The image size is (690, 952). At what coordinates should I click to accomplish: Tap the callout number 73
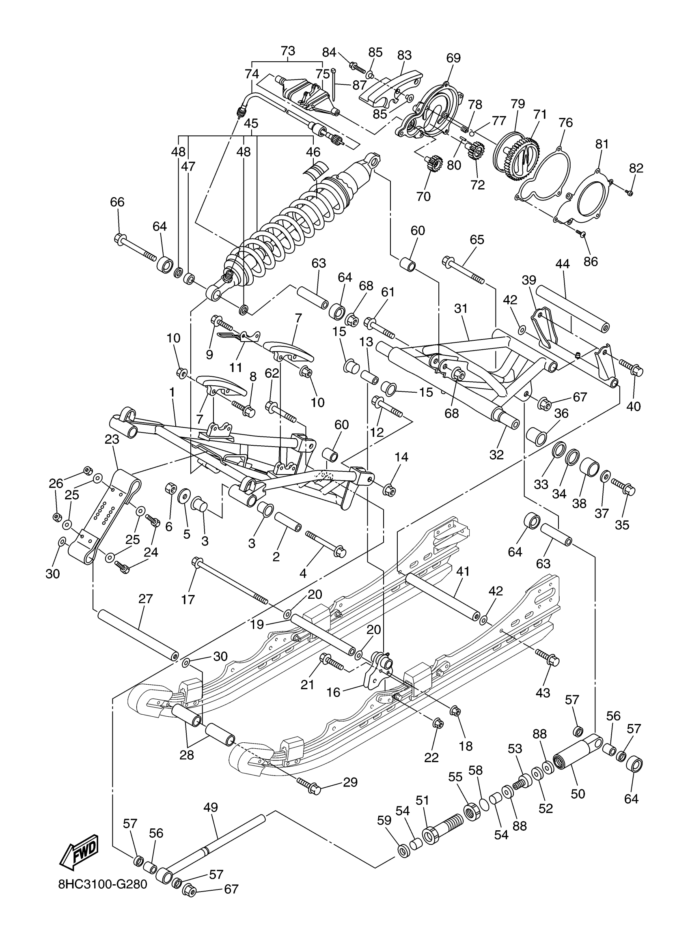[x=288, y=51]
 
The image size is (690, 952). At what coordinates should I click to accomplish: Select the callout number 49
[x=211, y=807]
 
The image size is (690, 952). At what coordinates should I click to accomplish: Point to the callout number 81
[x=602, y=144]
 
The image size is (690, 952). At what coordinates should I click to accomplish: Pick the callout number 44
[x=562, y=264]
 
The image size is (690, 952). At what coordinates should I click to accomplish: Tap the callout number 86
[x=591, y=261]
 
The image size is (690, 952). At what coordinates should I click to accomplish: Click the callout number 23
[x=112, y=439]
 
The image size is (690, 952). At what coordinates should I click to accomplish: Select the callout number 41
[x=463, y=571]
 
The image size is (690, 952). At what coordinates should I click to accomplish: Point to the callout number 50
[x=578, y=794]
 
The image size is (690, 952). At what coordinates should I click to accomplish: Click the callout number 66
[x=117, y=202]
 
